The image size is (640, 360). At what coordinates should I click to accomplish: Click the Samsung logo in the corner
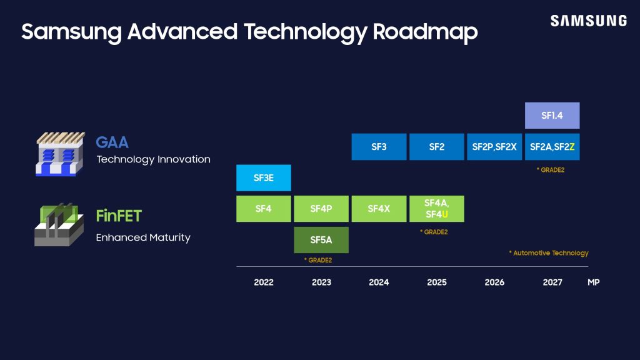click(588, 21)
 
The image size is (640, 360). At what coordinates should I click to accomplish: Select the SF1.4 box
click(552, 116)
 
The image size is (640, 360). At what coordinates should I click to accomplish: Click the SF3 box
click(379, 147)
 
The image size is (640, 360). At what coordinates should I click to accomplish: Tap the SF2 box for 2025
click(436, 147)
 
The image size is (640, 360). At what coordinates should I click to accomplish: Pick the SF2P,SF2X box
click(494, 147)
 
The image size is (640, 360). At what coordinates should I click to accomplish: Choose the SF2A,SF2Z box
click(552, 147)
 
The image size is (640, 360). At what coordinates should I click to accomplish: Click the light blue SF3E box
click(263, 177)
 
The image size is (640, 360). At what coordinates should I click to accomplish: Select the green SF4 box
click(263, 209)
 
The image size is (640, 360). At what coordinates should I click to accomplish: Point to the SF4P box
click(321, 209)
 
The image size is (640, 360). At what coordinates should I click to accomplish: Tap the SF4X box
click(379, 209)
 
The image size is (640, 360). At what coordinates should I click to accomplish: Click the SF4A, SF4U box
click(436, 209)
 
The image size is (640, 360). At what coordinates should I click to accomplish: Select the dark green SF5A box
click(321, 240)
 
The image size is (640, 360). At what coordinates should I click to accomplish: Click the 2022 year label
click(263, 282)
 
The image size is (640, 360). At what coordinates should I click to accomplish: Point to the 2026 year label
click(494, 282)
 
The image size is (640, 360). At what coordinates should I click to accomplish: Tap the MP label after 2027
click(593, 282)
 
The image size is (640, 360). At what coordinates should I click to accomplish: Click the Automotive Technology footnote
click(549, 253)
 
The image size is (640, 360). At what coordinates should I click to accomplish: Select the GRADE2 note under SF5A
click(317, 260)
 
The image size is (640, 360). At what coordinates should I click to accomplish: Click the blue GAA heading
click(112, 142)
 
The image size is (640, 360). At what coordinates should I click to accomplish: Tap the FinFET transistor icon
click(58, 224)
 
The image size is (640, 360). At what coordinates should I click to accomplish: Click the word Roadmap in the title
click(425, 32)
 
